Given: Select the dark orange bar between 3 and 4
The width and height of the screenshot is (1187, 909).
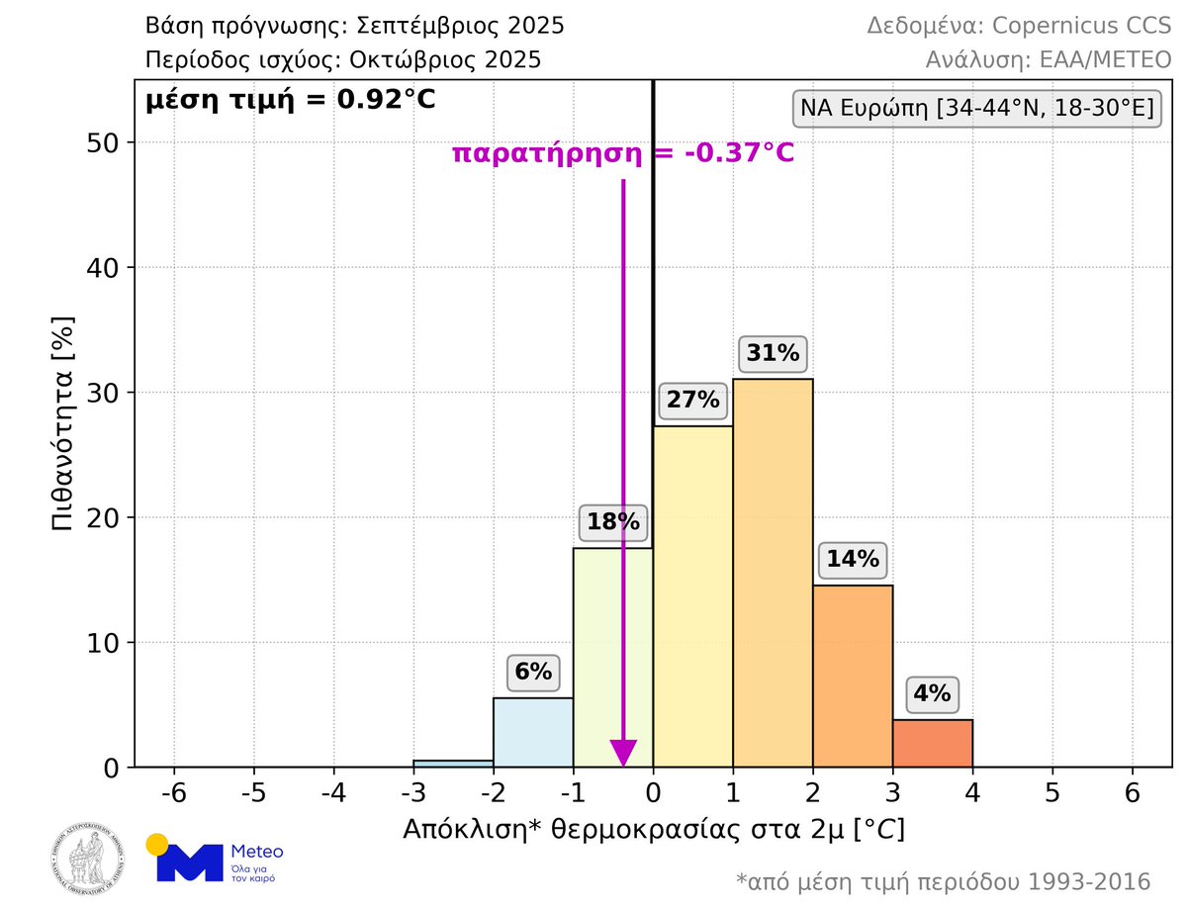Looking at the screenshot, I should pyautogui.click(x=933, y=744).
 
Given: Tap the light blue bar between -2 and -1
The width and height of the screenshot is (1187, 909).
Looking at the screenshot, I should pyautogui.click(x=533, y=733).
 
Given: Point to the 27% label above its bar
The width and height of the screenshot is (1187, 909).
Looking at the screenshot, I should pyautogui.click(x=692, y=401).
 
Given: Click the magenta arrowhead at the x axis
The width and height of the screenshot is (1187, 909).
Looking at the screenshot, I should pyautogui.click(x=623, y=753).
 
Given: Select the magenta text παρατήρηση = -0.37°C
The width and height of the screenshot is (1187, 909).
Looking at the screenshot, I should pyautogui.click(x=623, y=153).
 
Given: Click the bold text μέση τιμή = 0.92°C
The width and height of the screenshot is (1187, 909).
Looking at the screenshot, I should pyautogui.click(x=290, y=100).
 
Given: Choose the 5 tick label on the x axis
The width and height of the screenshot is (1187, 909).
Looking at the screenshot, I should pyautogui.click(x=1052, y=792).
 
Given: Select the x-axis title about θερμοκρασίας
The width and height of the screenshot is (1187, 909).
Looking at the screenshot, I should pyautogui.click(x=653, y=829).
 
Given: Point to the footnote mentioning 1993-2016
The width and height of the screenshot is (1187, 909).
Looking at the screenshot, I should pyautogui.click(x=944, y=880).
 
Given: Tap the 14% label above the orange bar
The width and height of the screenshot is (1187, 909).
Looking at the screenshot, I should pyautogui.click(x=851, y=559).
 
